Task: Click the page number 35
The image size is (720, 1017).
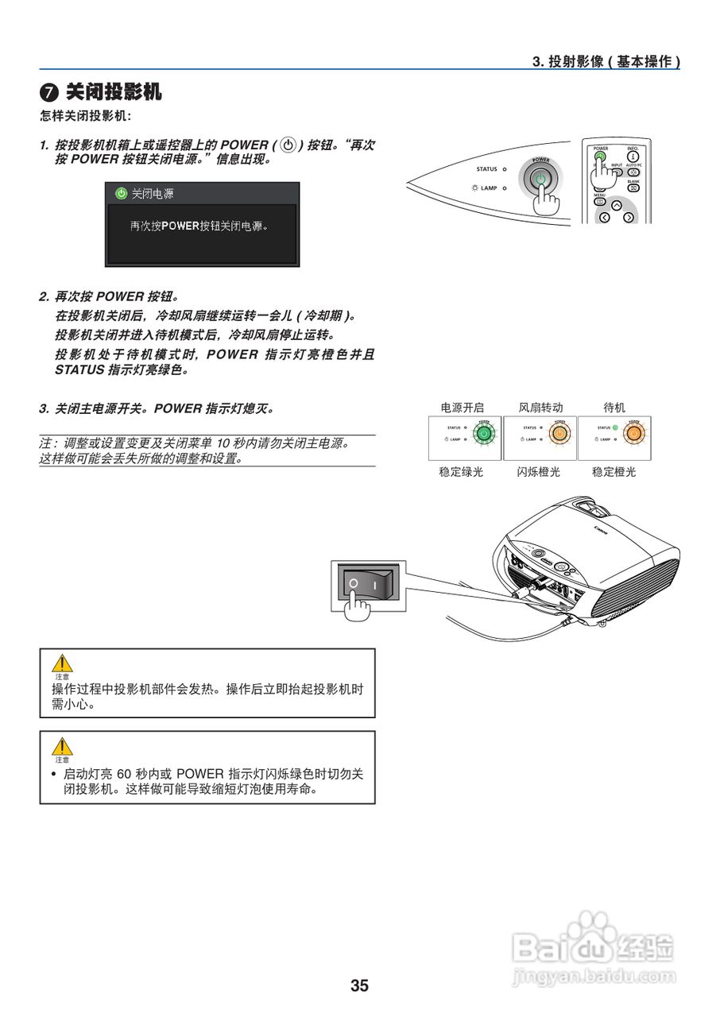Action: click(359, 986)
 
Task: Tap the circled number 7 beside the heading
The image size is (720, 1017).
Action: click(48, 93)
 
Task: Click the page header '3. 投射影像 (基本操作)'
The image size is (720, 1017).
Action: click(606, 61)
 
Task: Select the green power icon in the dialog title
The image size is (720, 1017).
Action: click(121, 193)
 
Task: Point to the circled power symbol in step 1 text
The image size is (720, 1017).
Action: click(288, 145)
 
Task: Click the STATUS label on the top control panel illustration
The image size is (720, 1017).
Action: click(486, 169)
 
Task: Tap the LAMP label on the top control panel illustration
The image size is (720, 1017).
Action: click(488, 188)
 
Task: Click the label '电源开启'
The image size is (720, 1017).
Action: click(463, 408)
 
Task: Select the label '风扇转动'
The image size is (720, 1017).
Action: click(540, 408)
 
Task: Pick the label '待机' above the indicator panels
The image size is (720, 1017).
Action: click(614, 408)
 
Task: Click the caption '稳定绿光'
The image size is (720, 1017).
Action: click(461, 472)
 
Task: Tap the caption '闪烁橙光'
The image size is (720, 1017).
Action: click(539, 472)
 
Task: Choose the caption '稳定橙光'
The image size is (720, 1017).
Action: click(614, 472)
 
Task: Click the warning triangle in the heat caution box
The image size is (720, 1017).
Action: click(62, 663)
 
